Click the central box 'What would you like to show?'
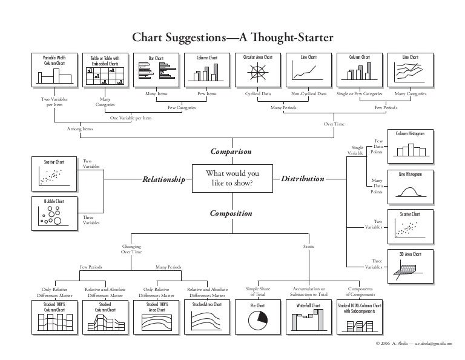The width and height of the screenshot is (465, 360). coord(232,179)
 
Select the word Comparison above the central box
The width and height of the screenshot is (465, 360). coord(230,150)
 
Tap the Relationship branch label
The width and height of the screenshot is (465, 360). coord(163,179)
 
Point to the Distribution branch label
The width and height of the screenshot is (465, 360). coord(303,179)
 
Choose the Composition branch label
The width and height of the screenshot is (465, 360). coord(231,213)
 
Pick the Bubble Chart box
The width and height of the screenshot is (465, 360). coord(54,213)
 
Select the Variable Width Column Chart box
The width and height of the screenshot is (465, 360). coord(54,70)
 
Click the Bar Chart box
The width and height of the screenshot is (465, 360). coord(156,70)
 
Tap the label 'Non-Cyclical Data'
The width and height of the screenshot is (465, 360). coord(309,95)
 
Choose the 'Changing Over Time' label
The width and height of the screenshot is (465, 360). coord(131,248)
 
